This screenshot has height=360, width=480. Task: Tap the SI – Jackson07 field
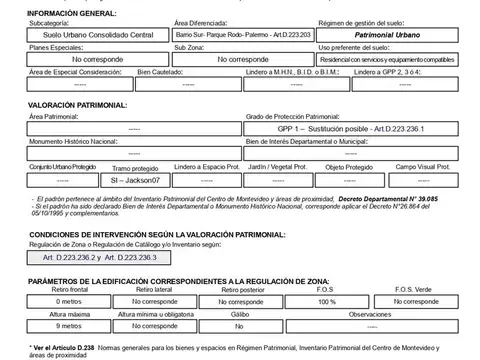pos(134,181)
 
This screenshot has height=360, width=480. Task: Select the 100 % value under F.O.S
pos(326,299)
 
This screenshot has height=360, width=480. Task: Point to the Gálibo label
pos(240,313)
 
